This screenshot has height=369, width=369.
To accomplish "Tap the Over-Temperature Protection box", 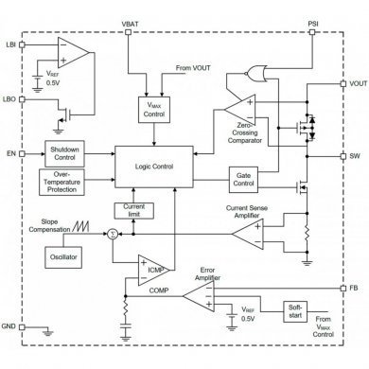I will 64,181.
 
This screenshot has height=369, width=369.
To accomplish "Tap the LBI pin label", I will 11,45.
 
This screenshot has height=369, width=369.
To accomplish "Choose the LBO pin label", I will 11,98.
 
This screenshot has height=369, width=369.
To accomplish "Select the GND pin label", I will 10,326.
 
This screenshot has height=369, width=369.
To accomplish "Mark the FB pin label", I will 355,287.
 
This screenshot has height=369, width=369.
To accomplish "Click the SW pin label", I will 355,156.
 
